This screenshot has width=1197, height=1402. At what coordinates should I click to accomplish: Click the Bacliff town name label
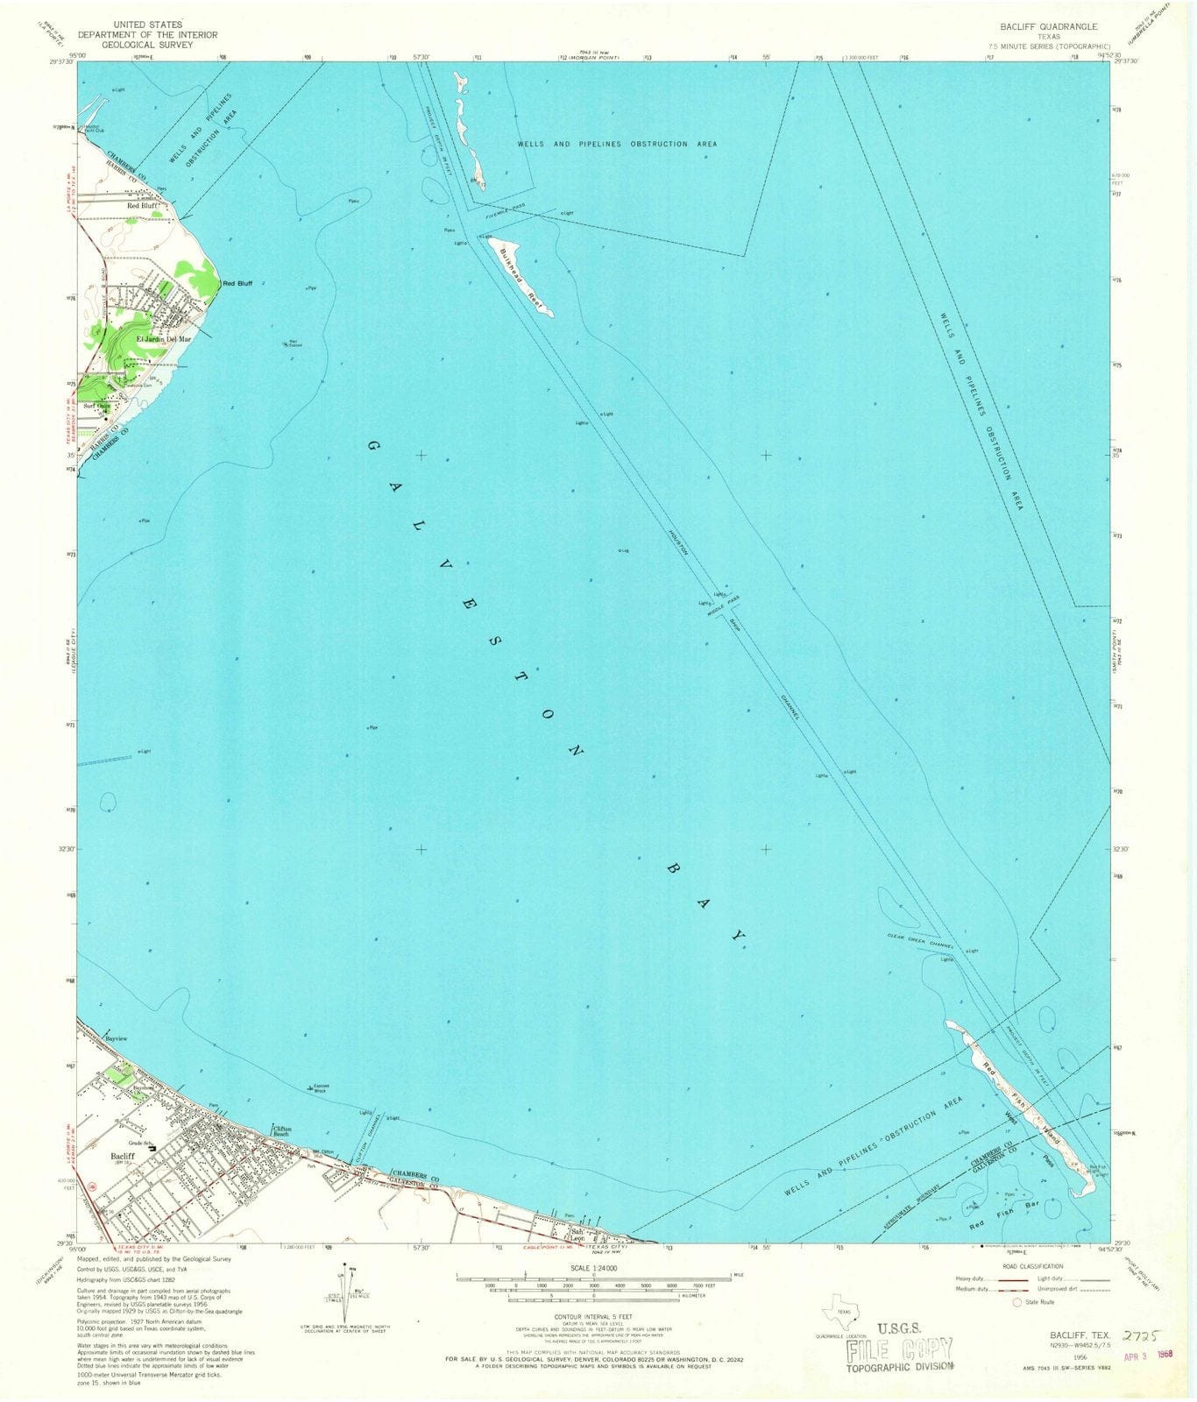tap(122, 1157)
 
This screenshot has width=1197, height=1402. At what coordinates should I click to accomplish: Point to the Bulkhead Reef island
tap(521, 276)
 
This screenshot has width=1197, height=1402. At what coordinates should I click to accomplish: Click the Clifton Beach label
tap(282, 1131)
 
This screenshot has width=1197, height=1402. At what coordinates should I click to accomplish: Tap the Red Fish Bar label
tap(1002, 1223)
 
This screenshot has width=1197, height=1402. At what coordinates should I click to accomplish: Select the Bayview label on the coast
tap(117, 1038)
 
